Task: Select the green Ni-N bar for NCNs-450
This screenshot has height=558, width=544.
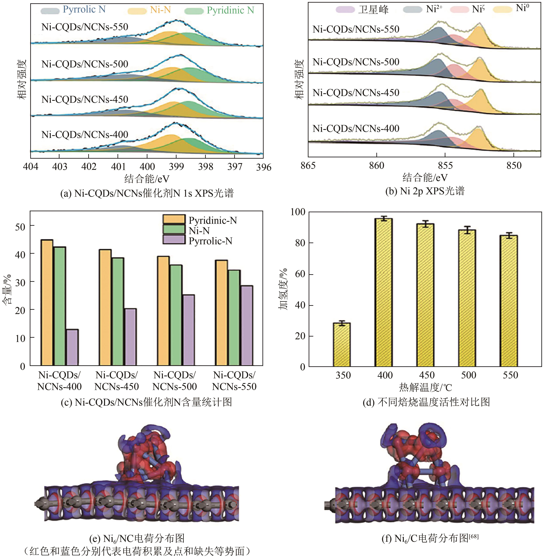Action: click(x=118, y=312)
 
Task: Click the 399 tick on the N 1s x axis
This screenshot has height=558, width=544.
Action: click(x=176, y=167)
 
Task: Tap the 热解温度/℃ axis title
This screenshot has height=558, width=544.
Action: click(x=426, y=387)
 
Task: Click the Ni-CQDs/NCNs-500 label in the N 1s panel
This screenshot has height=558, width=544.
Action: click(x=85, y=64)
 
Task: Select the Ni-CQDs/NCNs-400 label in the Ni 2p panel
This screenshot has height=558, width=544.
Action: click(x=356, y=128)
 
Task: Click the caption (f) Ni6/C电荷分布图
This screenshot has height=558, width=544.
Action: click(x=430, y=539)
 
